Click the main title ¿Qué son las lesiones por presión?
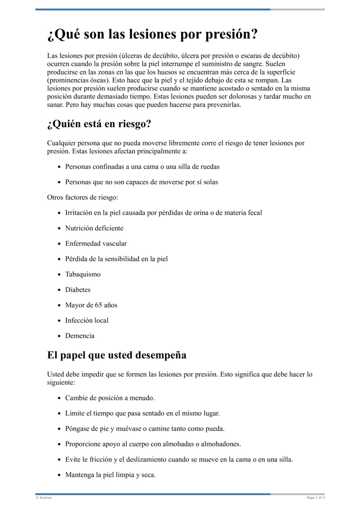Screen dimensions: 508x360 click(153, 35)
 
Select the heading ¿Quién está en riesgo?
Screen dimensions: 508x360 click(99, 124)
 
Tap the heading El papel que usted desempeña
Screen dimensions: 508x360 click(117, 355)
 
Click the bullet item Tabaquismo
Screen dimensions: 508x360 click(83, 274)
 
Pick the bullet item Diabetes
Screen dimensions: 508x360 click(78, 290)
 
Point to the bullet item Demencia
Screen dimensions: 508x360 click(80, 336)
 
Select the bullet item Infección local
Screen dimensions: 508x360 click(87, 321)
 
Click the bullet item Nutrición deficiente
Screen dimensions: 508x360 click(94, 228)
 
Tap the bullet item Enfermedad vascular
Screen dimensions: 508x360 click(96, 244)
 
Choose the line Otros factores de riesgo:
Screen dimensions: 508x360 click(82, 197)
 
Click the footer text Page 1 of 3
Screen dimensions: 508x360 click(315, 498)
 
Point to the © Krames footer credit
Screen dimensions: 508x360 click(44, 498)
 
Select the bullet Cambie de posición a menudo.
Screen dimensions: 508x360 click(110, 398)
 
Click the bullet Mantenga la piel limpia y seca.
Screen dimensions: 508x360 click(110, 475)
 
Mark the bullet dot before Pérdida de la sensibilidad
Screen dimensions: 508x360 click(59, 259)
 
